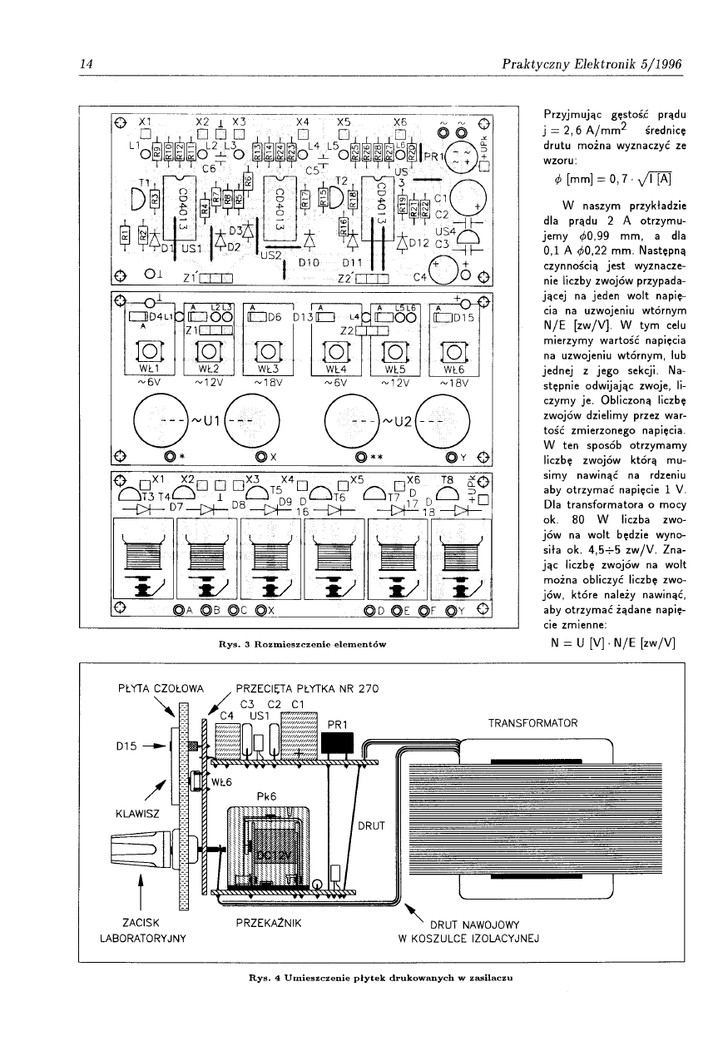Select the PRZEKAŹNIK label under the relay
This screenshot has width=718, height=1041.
[x=267, y=923]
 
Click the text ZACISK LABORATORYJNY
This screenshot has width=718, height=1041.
[x=140, y=930]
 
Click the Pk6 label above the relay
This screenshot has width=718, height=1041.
[x=266, y=796]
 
